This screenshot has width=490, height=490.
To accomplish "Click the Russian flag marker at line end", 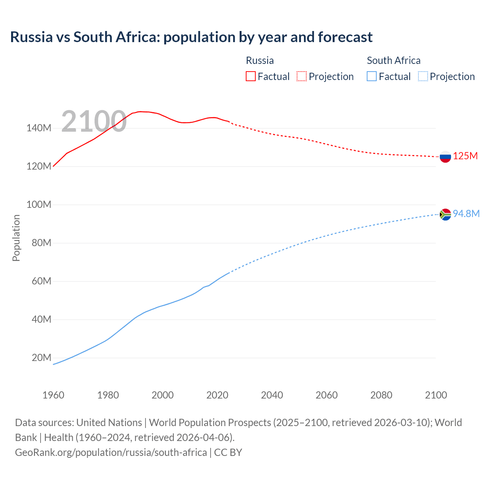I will [445, 157].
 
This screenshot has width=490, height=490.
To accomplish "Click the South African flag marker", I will [445, 215].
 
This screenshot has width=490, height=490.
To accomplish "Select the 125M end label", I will [465, 156].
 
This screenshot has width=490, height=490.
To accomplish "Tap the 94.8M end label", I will [466, 214].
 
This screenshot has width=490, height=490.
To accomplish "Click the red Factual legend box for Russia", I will [250, 77].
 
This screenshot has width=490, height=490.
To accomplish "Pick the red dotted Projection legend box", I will [302, 77].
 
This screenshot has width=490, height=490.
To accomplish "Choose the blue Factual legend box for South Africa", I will [371, 77].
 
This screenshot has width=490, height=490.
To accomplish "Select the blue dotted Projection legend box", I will [423, 77].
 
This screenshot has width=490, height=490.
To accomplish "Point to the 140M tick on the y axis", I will [39, 128].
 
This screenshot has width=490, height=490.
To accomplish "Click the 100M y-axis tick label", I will [39, 205].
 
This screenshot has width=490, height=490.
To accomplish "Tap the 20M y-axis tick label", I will [41, 358].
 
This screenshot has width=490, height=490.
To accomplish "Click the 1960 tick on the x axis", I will [53, 395].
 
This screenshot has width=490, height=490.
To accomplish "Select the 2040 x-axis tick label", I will [272, 395].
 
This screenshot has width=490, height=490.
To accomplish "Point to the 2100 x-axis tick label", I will [436, 395].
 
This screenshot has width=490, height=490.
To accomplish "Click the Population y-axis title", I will [16, 238].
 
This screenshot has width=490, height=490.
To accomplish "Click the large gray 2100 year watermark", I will [94, 121].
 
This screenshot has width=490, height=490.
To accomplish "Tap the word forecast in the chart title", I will [345, 37].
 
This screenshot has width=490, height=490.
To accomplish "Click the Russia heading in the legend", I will [260, 60].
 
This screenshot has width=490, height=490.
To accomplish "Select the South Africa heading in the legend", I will [394, 60].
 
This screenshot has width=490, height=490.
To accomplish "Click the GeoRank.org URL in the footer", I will [111, 452].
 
